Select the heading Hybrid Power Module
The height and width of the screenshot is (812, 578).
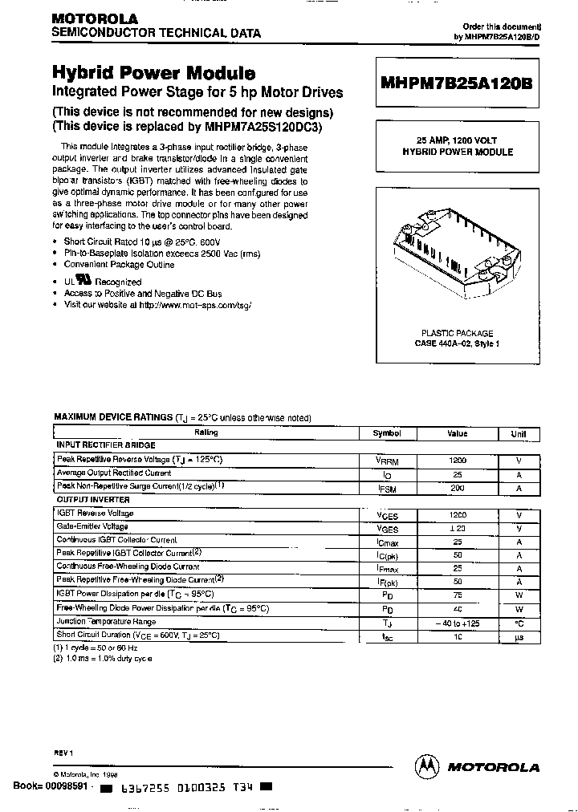154,73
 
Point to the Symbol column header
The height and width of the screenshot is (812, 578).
387,433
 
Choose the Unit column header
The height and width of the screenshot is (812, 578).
519,434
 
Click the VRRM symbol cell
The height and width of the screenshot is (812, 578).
387,461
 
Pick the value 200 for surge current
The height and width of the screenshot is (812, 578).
457,488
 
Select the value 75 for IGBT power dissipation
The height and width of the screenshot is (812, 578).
457,595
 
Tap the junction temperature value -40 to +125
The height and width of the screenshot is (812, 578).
457,622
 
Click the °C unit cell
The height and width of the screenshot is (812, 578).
519,622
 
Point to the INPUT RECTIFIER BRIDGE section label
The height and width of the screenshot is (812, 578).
105,445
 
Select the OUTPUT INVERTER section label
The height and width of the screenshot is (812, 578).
93,500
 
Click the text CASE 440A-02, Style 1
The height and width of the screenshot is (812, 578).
457,343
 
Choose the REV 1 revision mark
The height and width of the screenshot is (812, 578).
63,753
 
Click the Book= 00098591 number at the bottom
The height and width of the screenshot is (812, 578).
53,787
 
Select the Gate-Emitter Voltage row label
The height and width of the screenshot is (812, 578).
92,527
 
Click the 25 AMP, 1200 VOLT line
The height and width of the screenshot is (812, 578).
457,140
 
